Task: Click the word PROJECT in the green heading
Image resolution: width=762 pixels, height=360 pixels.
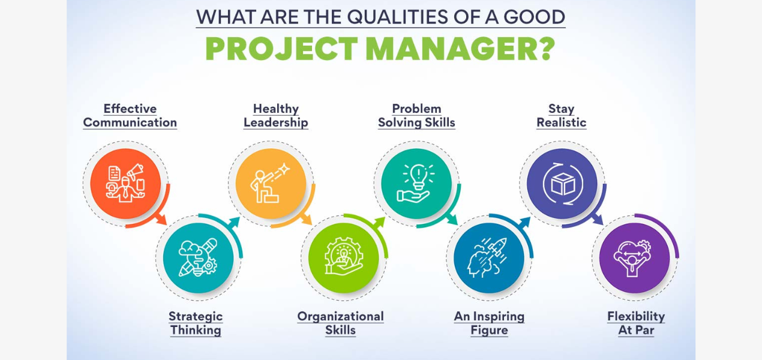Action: (x=281, y=49)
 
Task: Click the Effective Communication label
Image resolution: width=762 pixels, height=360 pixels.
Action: (x=130, y=116)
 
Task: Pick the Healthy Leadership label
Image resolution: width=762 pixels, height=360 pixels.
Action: (x=276, y=116)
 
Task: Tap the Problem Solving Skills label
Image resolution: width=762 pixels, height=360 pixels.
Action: (x=417, y=116)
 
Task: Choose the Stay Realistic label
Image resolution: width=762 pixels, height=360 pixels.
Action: (x=562, y=116)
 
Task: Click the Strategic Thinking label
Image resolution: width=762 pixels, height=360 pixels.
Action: (x=196, y=323)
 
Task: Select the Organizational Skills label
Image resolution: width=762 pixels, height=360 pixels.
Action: (x=341, y=323)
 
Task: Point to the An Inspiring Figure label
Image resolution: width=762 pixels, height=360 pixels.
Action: (x=489, y=323)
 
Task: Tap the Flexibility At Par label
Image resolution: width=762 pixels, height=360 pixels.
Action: (x=636, y=323)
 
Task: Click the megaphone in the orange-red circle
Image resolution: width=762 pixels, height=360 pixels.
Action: (x=136, y=171)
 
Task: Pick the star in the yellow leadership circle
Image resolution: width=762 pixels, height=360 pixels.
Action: (x=284, y=169)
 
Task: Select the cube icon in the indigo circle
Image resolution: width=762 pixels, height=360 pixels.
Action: (x=563, y=184)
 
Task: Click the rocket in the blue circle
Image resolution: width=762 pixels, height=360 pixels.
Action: (x=497, y=247)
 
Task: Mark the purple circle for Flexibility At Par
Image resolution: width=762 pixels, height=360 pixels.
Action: (x=634, y=257)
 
